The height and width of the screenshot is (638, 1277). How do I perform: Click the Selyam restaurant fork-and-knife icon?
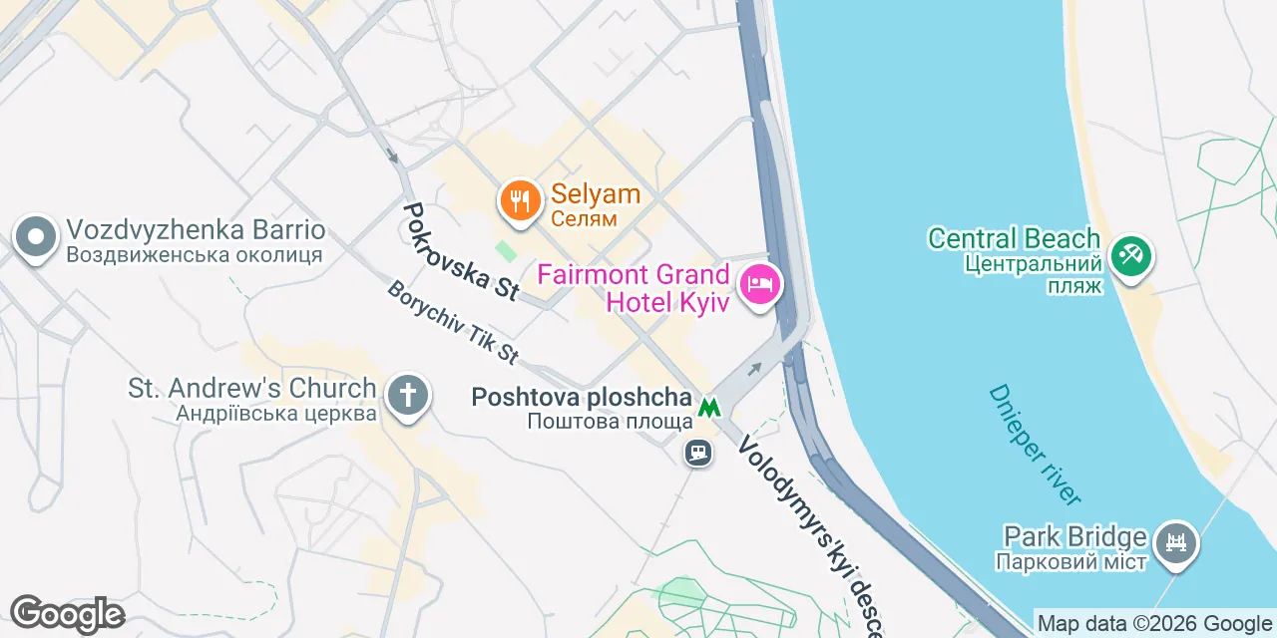(519, 201)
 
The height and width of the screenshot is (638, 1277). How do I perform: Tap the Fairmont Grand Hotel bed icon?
(760, 284)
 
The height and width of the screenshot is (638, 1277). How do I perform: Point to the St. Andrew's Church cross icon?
(407, 394)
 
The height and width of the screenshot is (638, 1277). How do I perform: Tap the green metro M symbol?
(709, 407)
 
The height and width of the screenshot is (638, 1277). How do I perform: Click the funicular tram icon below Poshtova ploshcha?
(697, 453)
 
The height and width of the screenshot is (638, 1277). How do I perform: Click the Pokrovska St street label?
(460, 251)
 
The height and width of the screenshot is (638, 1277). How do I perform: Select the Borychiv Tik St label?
(454, 323)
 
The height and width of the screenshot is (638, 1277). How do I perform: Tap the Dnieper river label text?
(1034, 445)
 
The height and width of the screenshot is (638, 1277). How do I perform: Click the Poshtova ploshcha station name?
(582, 398)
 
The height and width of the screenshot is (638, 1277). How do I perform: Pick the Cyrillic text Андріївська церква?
(276, 413)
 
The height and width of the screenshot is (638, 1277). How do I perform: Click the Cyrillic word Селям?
(584, 218)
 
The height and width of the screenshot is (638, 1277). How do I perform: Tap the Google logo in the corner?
(67, 614)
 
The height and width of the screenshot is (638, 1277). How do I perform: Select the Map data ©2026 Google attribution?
(1154, 624)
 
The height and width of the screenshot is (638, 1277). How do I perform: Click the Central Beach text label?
(1014, 239)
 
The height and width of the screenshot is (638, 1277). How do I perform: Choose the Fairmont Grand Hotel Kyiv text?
(635, 287)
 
